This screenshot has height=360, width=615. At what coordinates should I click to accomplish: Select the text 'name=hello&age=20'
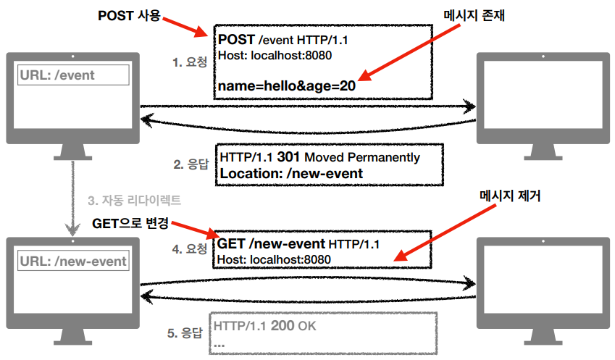pos(286,85)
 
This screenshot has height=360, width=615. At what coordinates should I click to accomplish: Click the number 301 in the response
pos(289,157)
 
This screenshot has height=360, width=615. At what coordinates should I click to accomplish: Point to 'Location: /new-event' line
pos(291,173)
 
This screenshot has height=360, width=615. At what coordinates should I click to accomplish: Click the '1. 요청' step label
pos(189,62)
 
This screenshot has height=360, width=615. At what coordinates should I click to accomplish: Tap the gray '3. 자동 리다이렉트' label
pos(134,199)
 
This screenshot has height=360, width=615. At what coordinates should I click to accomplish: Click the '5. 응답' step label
pos(186,333)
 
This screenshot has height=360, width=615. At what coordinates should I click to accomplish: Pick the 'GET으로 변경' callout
pos(130,221)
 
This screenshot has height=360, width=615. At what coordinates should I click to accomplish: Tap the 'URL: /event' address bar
pos(73,75)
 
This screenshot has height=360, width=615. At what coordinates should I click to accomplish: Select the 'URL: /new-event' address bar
pos(73,261)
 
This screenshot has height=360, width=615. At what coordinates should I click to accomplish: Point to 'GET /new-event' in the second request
pos(271,244)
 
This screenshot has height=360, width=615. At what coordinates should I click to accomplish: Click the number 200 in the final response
pos(283,327)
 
